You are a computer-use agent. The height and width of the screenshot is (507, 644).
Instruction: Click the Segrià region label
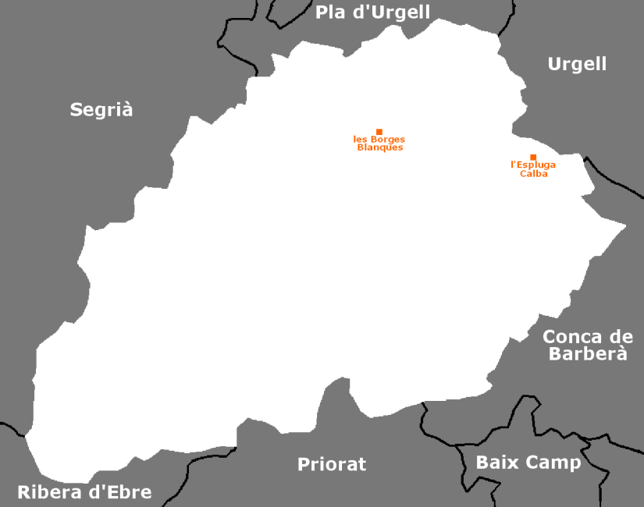[x=101, y=110]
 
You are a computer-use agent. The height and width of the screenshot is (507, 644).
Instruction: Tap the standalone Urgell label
[x=577, y=64]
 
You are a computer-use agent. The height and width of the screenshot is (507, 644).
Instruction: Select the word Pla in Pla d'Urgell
[x=330, y=12]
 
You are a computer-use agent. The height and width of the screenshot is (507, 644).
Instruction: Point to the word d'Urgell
[x=390, y=12]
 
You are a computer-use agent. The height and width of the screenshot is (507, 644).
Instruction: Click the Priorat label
[x=332, y=465]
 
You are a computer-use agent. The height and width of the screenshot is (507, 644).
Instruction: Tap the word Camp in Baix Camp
[x=552, y=463]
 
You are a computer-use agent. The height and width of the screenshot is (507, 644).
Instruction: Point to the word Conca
[x=572, y=337]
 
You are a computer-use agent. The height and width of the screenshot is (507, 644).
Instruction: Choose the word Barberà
[x=588, y=353]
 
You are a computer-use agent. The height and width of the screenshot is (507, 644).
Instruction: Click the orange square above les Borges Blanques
[x=379, y=132]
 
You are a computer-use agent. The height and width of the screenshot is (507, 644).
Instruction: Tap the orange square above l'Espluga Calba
[x=533, y=157]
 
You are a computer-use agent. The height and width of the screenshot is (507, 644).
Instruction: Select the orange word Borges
[x=388, y=140]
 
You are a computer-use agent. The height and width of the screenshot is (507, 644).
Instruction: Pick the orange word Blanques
[x=379, y=147]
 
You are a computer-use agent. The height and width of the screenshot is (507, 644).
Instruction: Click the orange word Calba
[x=534, y=174]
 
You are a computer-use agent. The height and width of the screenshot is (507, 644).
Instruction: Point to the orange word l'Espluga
[x=533, y=165]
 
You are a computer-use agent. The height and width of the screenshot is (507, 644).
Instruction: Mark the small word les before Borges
[x=361, y=140]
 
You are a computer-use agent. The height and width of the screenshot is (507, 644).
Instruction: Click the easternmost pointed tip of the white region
[x=626, y=226]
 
